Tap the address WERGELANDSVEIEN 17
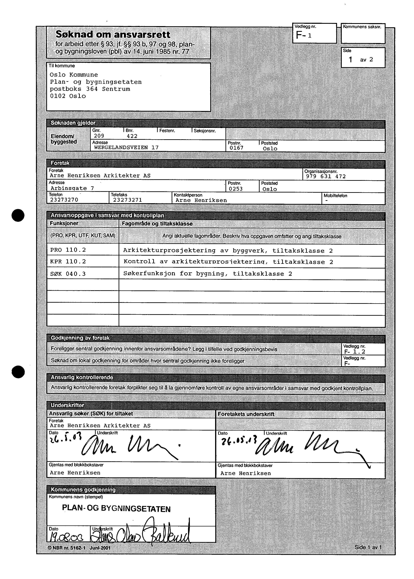(x=126, y=147)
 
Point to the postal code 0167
(x=236, y=148)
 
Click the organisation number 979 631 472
(x=326, y=176)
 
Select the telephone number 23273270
(x=64, y=200)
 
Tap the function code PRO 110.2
(x=68, y=250)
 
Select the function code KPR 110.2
(x=68, y=262)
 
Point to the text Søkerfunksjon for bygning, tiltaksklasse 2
(x=208, y=274)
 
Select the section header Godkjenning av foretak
(x=80, y=338)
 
